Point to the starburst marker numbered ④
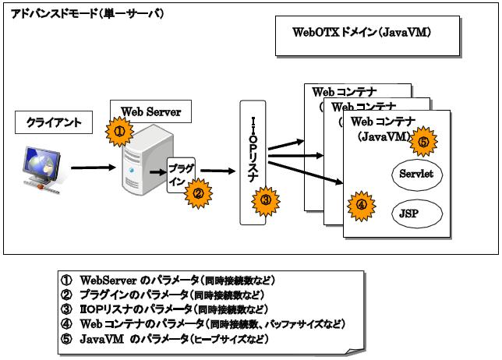[361, 206]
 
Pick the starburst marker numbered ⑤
[422, 143]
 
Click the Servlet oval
[415, 175]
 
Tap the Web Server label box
[146, 112]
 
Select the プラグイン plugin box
[182, 173]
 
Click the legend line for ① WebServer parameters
[168, 280]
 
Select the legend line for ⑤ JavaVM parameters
[164, 340]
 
